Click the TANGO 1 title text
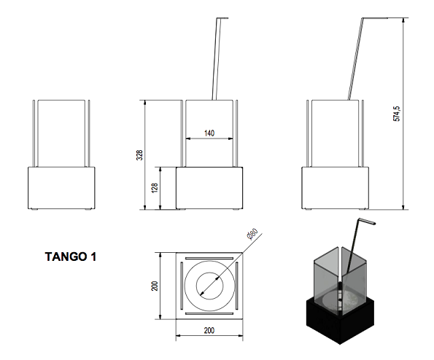tap(71, 257)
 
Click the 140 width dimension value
tap(209, 133)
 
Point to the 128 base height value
tap(155, 188)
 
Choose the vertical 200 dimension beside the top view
tap(154, 285)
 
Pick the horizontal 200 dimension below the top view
tap(209, 331)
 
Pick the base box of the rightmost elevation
tap(335, 188)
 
